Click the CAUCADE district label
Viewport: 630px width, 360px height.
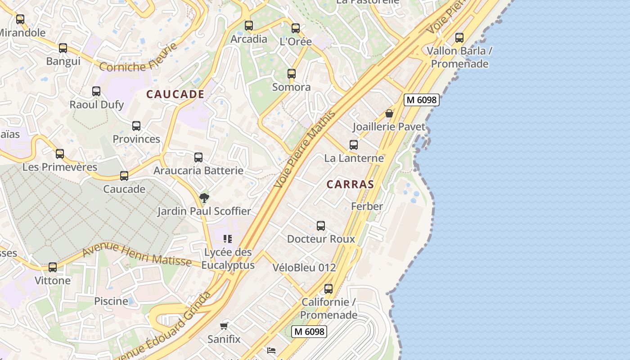click(175, 94)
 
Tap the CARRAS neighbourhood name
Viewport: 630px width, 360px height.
click(350, 184)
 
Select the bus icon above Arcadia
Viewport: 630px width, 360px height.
click(248, 26)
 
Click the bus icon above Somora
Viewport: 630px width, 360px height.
click(292, 73)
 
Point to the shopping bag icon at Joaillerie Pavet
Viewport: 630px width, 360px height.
click(389, 113)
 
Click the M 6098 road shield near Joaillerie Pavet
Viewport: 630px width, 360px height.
click(421, 100)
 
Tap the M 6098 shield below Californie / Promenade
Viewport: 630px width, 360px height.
click(309, 332)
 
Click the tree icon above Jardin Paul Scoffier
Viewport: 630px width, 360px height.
click(204, 198)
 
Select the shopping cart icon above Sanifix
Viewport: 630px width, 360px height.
click(224, 325)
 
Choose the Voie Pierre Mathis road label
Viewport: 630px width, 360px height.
click(305, 149)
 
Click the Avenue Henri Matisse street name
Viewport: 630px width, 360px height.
click(137, 253)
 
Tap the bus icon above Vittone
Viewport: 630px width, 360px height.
click(53, 267)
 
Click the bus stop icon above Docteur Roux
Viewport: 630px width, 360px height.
click(321, 225)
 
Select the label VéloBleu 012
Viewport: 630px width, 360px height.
click(304, 267)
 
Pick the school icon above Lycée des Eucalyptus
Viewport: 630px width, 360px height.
click(228, 239)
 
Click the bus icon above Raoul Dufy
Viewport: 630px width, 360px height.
click(96, 91)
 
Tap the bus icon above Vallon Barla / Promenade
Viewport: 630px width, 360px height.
click(459, 37)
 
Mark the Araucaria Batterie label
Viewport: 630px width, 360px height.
click(198, 171)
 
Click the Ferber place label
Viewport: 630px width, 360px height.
click(367, 207)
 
